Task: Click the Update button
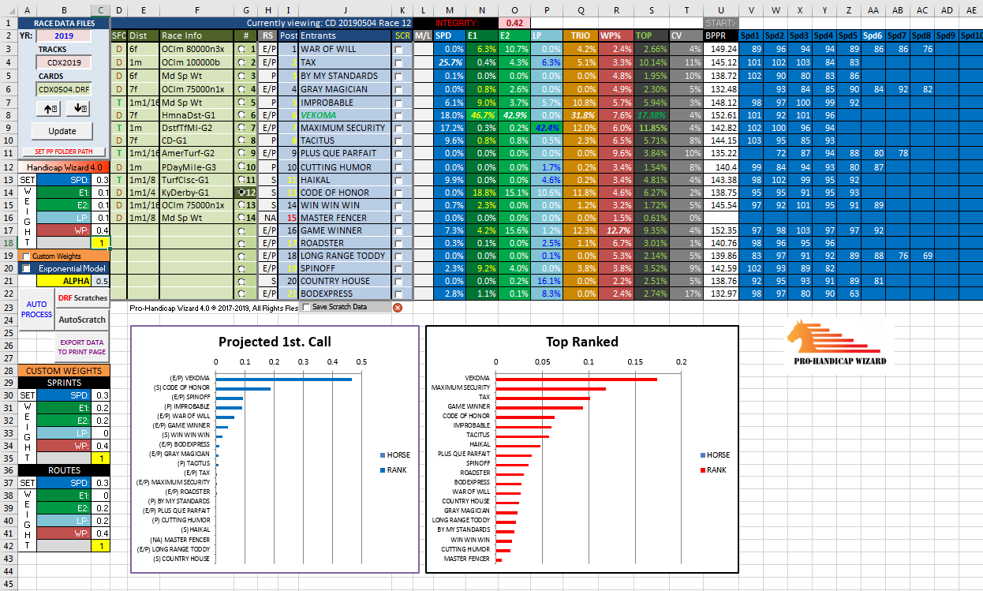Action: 62,131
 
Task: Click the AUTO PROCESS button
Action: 36,309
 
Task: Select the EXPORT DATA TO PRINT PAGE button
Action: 82,347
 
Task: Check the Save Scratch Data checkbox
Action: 307,307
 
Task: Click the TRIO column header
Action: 580,36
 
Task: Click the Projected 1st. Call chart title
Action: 275,342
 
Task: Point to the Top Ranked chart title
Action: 581,342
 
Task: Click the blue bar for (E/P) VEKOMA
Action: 284,380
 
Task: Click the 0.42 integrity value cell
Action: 514,23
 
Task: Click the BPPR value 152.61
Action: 721,114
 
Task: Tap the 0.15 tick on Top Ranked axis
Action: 635,361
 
